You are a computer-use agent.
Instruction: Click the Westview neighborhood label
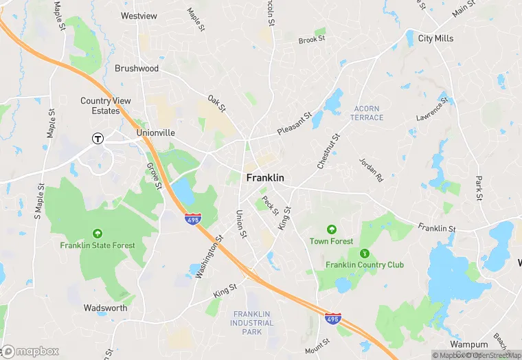[x=139, y=16]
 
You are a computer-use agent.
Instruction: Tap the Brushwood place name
[x=137, y=69]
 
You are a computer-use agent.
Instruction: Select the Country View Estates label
[x=105, y=105]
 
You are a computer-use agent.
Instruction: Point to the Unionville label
[x=156, y=133]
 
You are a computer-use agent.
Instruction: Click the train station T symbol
[x=98, y=138]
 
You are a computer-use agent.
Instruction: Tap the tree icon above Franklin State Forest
[x=98, y=234]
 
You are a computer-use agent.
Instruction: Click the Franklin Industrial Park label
[x=251, y=323]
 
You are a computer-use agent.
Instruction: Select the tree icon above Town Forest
[x=332, y=229]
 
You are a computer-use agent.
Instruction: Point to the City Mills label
[x=435, y=38]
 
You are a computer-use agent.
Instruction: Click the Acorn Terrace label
[x=367, y=113]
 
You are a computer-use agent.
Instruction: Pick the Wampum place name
[x=469, y=344]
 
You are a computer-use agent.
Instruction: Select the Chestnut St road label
[x=329, y=151]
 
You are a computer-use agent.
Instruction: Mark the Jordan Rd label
[x=371, y=170]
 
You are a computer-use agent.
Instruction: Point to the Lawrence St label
[x=432, y=109]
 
